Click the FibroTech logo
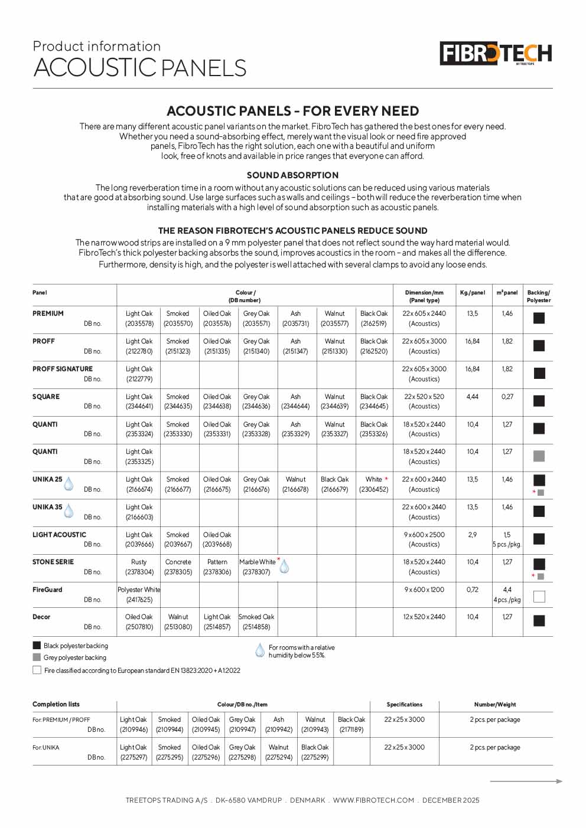[x=496, y=54]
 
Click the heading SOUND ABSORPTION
[x=292, y=175]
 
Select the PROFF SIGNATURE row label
[x=63, y=369]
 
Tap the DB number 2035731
[x=295, y=323]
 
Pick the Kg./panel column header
[x=473, y=293]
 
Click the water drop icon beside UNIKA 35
[x=69, y=510]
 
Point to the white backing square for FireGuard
[x=539, y=597]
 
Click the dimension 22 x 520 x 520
[x=424, y=397]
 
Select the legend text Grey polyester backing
[x=75, y=657]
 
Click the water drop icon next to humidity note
[x=259, y=651]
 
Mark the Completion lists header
[x=56, y=704]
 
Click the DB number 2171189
[x=351, y=729]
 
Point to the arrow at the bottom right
[x=526, y=781]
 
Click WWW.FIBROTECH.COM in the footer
[x=373, y=800]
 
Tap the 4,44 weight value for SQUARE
[x=473, y=397]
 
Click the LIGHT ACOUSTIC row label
[x=59, y=535]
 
